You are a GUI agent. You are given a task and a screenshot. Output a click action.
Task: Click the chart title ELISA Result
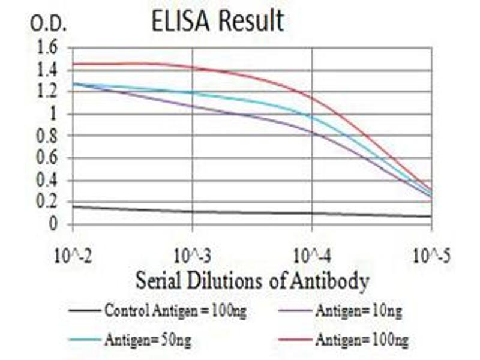217,22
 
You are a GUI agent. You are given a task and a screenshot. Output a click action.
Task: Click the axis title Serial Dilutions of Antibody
252,280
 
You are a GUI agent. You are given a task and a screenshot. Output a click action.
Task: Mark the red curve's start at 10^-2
73,64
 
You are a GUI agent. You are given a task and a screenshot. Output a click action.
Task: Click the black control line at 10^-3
192,211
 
